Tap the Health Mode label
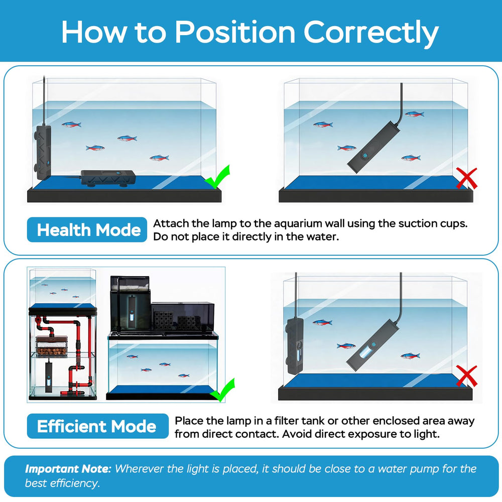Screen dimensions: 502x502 click(87, 229)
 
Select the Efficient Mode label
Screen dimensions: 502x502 click(98, 426)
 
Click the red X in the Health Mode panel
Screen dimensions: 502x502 click(466, 178)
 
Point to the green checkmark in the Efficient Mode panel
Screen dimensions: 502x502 click(222, 390)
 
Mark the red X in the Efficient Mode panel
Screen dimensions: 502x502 click(466, 376)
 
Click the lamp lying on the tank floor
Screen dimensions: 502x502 click(108, 178)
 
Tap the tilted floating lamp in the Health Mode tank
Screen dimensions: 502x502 click(373, 148)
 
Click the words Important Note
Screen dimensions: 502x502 click(68, 468)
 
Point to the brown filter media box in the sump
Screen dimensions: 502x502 click(52, 346)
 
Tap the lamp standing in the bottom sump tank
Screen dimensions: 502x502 click(49, 376)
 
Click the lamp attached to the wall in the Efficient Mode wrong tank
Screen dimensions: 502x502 click(295, 346)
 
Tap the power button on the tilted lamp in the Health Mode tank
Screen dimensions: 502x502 click(364, 156)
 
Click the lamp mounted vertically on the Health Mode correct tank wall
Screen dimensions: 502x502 click(43, 153)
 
